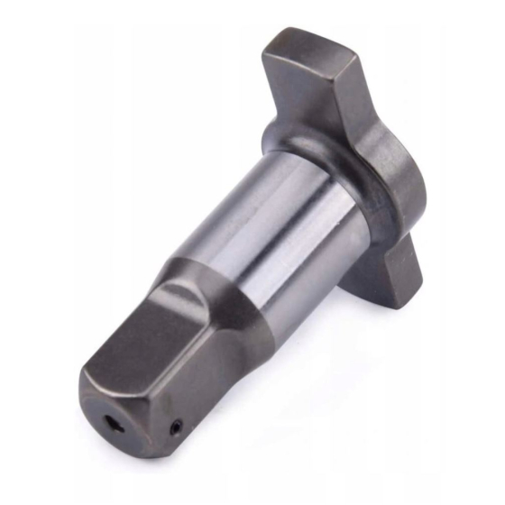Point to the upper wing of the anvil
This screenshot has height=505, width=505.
click(x=334, y=90)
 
